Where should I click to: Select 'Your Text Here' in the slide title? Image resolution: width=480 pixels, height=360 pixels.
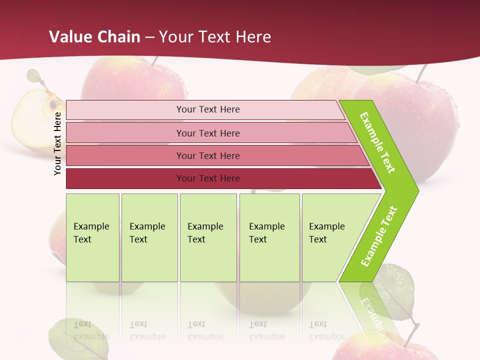pos(215,37)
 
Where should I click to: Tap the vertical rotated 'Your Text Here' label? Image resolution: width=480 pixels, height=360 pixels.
pos(58,143)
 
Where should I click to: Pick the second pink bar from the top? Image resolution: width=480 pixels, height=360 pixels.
pos(207,133)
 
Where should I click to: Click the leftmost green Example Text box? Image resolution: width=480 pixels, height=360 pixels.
pos(92,237)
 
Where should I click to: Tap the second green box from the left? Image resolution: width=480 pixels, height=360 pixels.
pos(149,237)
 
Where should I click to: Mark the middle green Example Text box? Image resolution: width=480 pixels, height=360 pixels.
pos(208,237)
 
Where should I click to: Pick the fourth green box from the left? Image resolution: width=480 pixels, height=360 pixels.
pos(269,237)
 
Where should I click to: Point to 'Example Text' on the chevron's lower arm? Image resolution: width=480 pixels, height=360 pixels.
pos(378,236)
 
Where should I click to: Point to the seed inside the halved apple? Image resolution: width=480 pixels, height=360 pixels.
pos(52,104)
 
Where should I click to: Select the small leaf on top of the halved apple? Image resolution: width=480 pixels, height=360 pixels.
pos(34,76)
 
